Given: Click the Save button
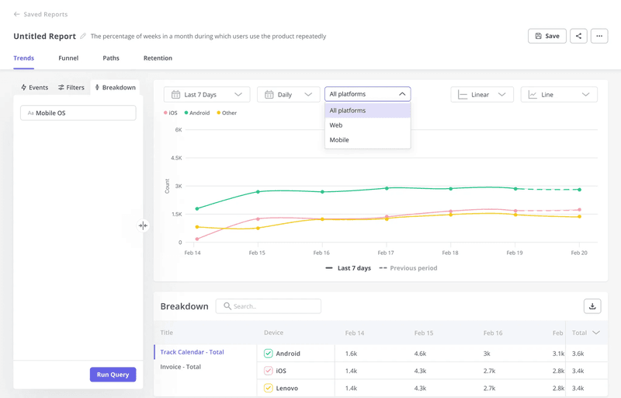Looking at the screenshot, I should tap(546, 36).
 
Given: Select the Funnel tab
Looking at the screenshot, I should tap(68, 58).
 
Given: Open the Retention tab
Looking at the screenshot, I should tap(158, 58).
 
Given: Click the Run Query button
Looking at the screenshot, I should tap(113, 375).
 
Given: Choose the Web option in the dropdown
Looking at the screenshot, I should tap(336, 125).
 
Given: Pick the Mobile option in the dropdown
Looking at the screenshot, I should tap(339, 140).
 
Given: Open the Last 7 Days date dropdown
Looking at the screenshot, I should tap(206, 95).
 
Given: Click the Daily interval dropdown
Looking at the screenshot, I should tap(288, 95).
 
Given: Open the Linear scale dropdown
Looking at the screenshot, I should tap(481, 95).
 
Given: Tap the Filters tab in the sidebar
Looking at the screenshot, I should tap(71, 88).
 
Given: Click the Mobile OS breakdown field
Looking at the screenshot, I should tap(78, 113).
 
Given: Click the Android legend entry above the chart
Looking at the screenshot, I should tap(197, 113).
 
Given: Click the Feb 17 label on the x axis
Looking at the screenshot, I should tap(386, 253).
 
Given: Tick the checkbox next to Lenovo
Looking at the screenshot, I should tap(269, 388).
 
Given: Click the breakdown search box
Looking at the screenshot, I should tap(269, 306).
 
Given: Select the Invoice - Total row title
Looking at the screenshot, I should tap(181, 367).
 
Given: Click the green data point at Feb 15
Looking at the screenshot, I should tap(258, 192).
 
